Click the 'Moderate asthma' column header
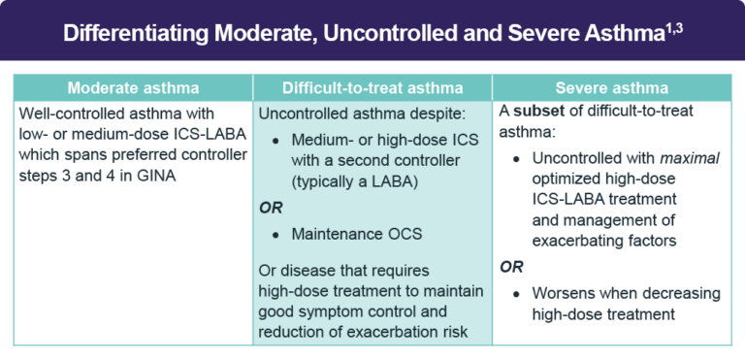pos(133,85)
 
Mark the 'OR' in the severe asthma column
pos(510,265)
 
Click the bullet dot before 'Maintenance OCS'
pos(276,235)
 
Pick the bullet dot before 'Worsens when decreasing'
pos(518,293)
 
